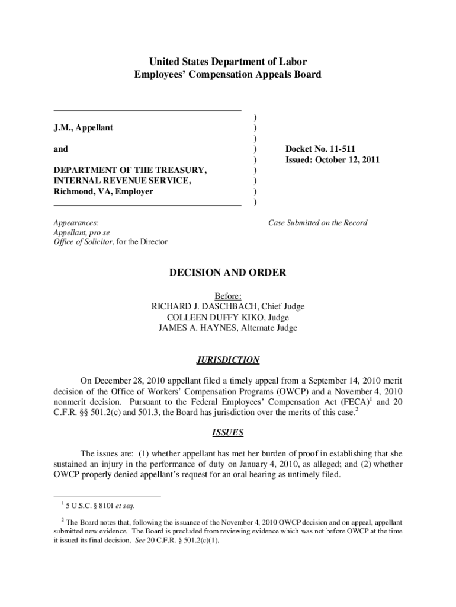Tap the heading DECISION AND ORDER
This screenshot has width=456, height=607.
click(228, 273)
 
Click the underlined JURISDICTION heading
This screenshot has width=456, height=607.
click(228, 360)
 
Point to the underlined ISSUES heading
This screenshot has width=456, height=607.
click(228, 433)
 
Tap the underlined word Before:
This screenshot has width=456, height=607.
click(228, 296)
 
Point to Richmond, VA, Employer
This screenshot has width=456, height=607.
click(103, 191)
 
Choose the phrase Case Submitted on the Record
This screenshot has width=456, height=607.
click(317, 223)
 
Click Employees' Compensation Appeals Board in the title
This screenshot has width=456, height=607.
click(228, 75)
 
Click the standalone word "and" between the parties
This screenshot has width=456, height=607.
click(60, 149)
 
